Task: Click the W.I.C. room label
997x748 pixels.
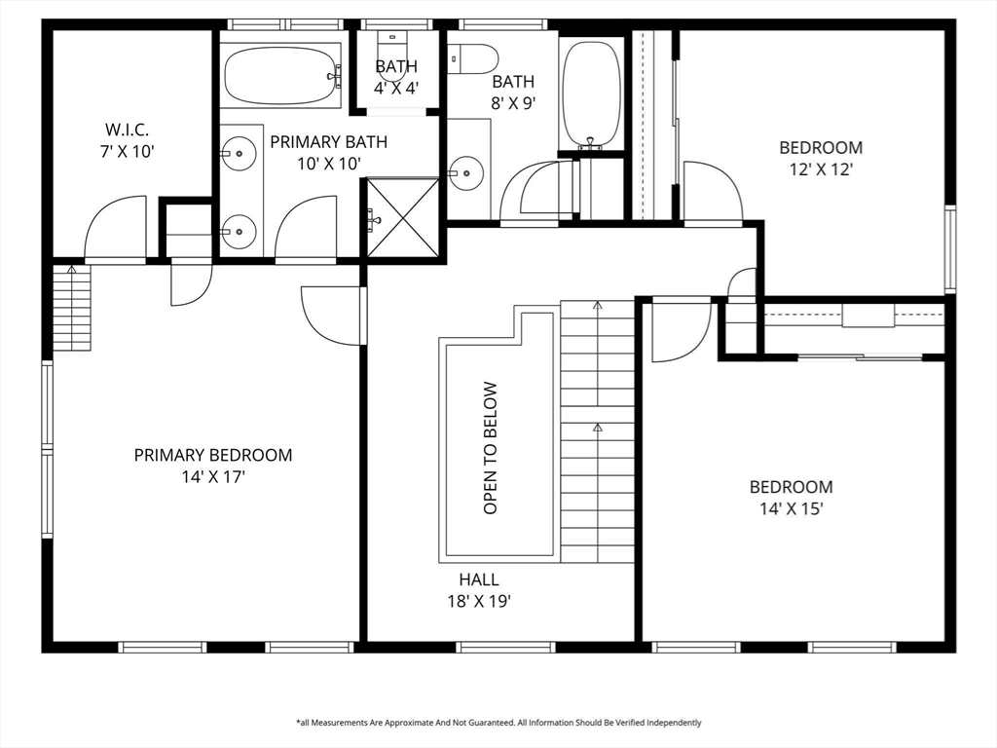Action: pyautogui.click(x=128, y=130)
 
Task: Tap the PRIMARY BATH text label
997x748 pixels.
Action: pyautogui.click(x=329, y=142)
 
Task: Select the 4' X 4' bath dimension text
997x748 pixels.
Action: pyautogui.click(x=396, y=88)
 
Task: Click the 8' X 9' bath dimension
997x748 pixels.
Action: pyautogui.click(x=513, y=103)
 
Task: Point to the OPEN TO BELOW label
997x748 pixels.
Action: pyautogui.click(x=490, y=448)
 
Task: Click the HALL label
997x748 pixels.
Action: pyautogui.click(x=479, y=580)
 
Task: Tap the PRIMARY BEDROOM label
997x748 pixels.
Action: pyautogui.click(x=213, y=456)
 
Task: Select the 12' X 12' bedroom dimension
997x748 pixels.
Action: pyautogui.click(x=821, y=169)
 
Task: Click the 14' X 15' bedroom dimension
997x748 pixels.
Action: pyautogui.click(x=792, y=508)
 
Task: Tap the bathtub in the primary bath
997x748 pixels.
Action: pyautogui.click(x=282, y=76)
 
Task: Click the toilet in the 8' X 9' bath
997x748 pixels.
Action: pyautogui.click(x=472, y=58)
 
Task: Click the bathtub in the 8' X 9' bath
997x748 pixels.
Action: pyautogui.click(x=590, y=95)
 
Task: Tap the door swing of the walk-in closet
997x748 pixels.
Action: pyautogui.click(x=115, y=229)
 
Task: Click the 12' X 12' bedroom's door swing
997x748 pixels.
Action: pyautogui.click(x=713, y=192)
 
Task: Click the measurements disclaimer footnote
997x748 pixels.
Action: pyautogui.click(x=498, y=723)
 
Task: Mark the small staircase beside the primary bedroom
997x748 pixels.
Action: pyautogui.click(x=71, y=308)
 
